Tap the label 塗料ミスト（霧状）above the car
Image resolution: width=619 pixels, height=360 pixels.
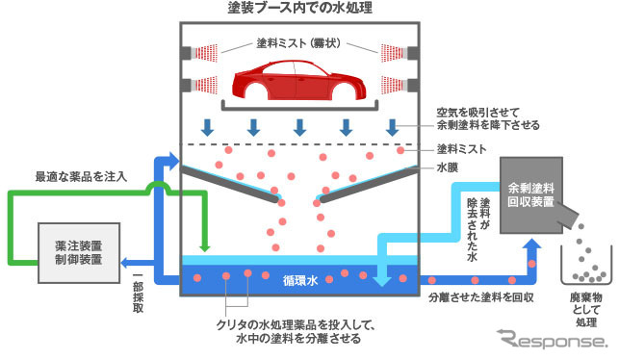pos(299,44)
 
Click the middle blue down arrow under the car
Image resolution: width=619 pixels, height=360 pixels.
pos(299,127)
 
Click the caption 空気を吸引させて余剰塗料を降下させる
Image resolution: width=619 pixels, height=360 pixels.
pos(488,118)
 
